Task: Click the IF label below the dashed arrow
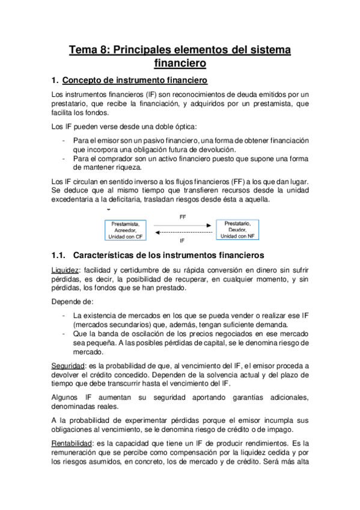point(182,239)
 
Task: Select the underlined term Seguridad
point(68,365)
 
